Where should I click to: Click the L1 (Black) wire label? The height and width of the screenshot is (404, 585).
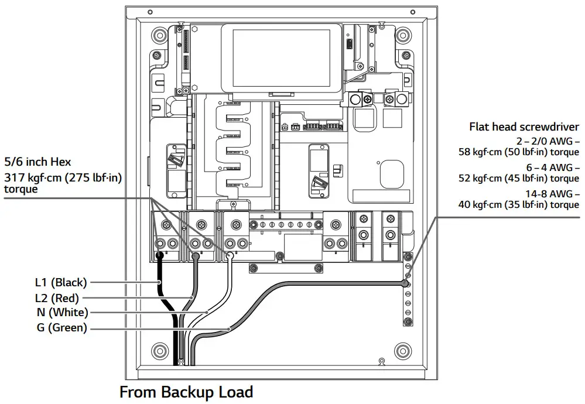pos(60,282)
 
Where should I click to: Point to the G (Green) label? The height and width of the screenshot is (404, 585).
pos(61,328)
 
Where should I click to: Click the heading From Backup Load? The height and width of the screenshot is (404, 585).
pos(186,392)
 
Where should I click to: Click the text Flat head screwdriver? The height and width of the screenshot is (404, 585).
pos(524,127)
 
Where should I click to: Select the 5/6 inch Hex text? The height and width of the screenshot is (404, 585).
pos(37,162)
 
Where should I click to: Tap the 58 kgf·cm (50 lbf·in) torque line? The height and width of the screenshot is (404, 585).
pos(519,152)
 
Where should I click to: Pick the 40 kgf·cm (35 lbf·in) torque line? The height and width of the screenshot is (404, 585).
pos(519,204)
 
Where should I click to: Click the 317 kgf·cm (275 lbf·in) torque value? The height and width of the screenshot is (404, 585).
pos(63,177)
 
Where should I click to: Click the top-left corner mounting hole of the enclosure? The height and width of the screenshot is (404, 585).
pos(159,34)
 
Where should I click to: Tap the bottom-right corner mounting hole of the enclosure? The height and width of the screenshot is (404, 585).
pos(402,351)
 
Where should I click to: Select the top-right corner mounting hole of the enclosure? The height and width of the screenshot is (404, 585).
pos(402,34)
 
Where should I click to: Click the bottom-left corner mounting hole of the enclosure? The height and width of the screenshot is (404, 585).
pos(159,351)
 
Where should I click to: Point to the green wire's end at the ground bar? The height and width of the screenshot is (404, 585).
pos(405,284)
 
